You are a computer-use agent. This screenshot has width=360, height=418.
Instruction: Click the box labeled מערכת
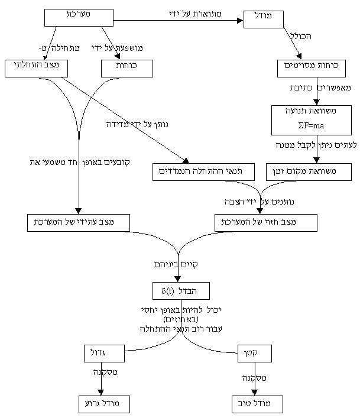(79, 17)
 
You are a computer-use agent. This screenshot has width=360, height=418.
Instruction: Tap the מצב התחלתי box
(36, 68)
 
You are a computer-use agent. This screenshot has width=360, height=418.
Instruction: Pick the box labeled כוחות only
(127, 69)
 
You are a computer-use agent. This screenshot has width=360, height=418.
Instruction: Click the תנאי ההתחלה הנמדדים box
(203, 172)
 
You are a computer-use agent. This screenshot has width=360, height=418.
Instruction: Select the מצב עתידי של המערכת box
(79, 222)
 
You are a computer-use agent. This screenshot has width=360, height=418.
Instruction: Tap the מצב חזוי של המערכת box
(265, 222)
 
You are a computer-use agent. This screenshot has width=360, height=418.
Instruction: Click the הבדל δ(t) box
(181, 291)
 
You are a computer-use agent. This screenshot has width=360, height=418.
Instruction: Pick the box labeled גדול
(104, 353)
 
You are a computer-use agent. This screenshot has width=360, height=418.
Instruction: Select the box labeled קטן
(255, 353)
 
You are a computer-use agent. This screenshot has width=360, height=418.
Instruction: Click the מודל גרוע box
(104, 404)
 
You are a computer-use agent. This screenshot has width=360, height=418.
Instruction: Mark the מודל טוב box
(257, 404)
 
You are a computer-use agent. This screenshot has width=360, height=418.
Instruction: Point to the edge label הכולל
(301, 37)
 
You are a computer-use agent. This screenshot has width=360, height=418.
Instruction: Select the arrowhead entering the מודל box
(240, 21)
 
